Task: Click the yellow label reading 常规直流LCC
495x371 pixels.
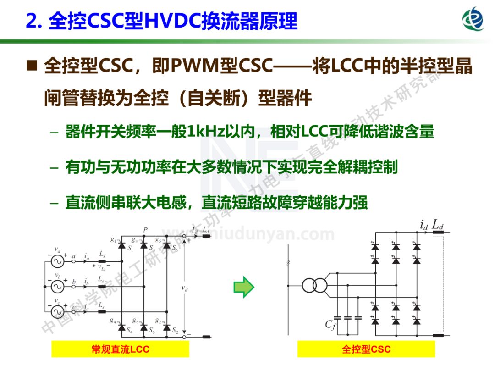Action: tap(120, 349)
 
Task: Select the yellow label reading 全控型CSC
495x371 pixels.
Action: tap(366, 349)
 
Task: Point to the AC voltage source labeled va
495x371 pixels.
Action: tap(58, 261)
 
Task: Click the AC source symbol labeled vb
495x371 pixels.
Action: tap(58, 287)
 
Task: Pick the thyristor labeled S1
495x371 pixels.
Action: tap(122, 246)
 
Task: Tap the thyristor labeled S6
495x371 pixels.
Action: tap(144, 327)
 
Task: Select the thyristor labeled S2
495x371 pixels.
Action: tap(165, 327)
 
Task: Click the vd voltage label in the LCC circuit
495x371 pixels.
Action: tap(184, 288)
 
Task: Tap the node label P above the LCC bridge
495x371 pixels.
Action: tap(145, 229)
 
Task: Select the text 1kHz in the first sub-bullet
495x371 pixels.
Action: tap(205, 132)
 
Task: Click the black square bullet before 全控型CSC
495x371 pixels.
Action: tap(32, 67)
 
